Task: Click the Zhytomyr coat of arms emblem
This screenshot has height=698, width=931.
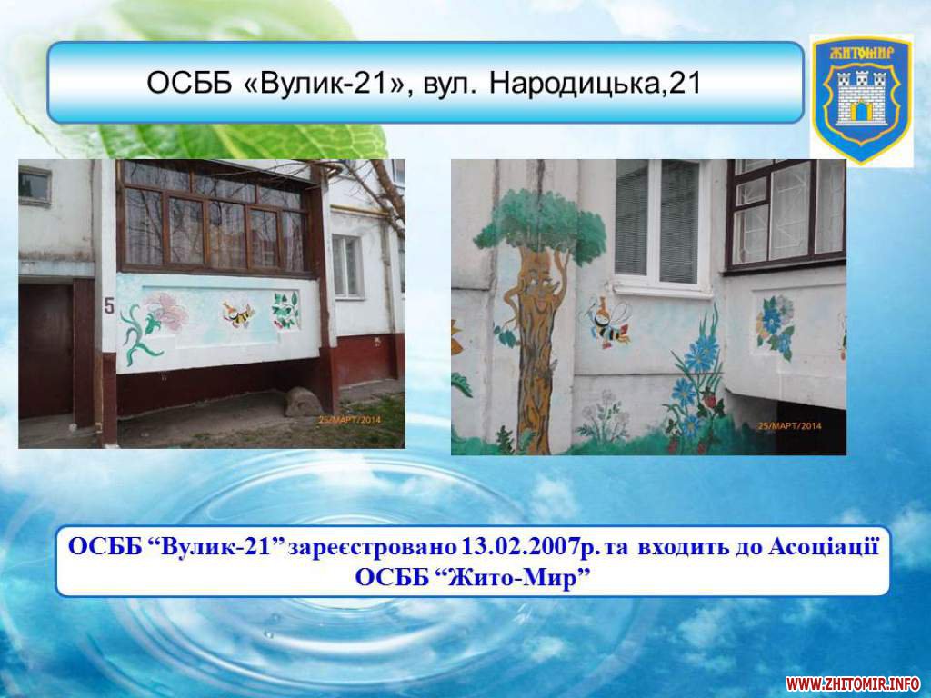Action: click(x=862, y=100)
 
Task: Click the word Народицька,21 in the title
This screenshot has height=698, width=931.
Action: click(x=596, y=84)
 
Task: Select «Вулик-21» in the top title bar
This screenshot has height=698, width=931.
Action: click(x=323, y=84)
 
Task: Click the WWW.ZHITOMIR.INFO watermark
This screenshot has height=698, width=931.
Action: click(x=853, y=684)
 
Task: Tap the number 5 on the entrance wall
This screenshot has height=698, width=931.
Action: click(x=109, y=305)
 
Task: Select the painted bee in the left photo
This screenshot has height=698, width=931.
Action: click(x=237, y=314)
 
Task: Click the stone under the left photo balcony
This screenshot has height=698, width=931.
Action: click(x=304, y=402)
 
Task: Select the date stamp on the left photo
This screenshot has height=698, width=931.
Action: click(x=350, y=420)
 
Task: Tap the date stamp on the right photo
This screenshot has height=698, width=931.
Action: click(x=790, y=425)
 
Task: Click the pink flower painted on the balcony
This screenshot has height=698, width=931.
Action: click(x=167, y=311)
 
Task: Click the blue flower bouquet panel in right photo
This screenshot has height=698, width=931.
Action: click(x=775, y=324)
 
